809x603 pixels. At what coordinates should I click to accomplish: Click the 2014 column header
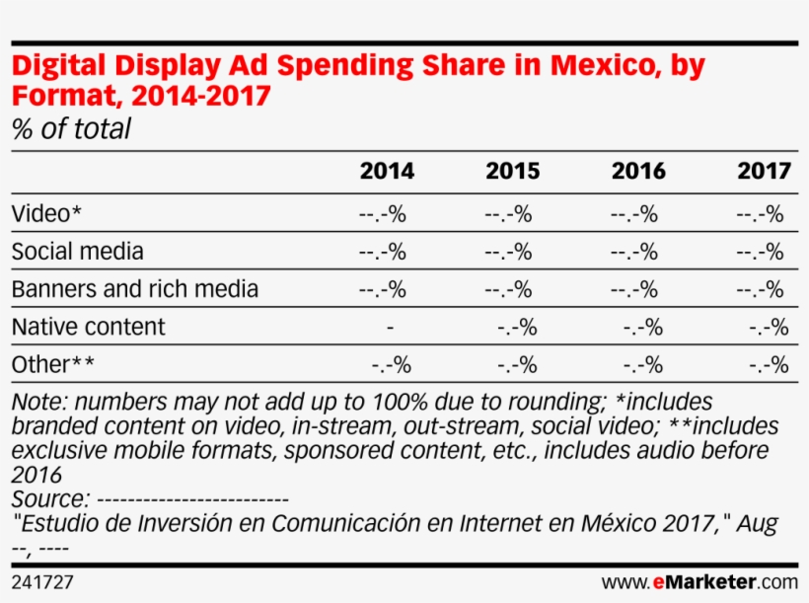click(387, 171)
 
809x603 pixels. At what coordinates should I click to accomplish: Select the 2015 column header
click(512, 171)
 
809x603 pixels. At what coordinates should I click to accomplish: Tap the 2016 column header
click(638, 171)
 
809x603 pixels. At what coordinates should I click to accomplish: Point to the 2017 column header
click(764, 171)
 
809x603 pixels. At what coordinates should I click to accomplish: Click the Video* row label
click(40, 213)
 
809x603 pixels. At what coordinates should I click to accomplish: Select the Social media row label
click(77, 251)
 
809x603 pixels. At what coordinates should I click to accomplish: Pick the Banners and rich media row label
click(134, 289)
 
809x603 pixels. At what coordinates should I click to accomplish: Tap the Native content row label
click(88, 327)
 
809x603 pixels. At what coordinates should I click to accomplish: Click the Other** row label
click(53, 364)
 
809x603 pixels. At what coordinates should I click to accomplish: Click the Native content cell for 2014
click(392, 328)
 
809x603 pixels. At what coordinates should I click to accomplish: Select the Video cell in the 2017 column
click(760, 214)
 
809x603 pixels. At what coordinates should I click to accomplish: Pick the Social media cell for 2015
click(508, 252)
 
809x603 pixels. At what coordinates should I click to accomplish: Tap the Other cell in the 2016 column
click(642, 365)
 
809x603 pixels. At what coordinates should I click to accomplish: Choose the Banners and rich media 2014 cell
click(382, 290)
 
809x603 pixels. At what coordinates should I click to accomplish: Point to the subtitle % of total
click(70, 129)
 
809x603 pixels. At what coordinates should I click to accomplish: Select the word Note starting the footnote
click(39, 403)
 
